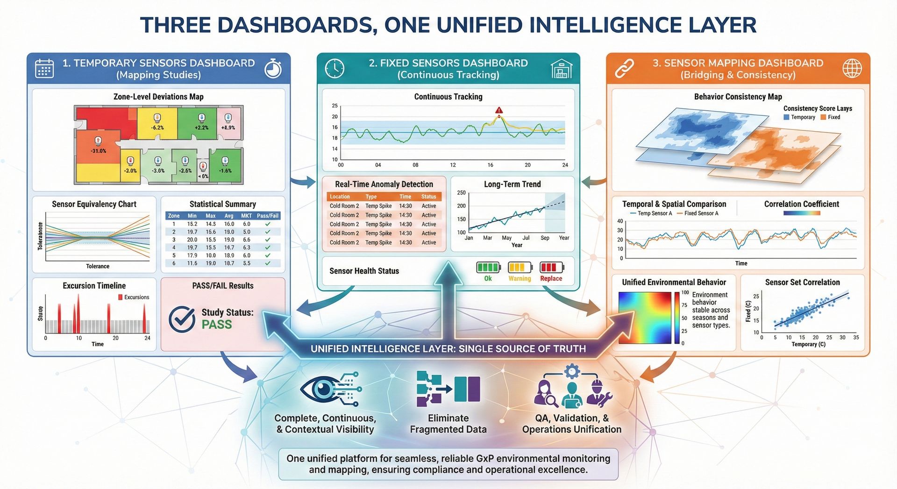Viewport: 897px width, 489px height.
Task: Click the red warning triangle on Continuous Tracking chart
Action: pos(499,111)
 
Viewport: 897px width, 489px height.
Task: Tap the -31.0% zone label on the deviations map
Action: pos(99,151)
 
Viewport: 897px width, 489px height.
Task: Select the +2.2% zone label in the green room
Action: pos(201,128)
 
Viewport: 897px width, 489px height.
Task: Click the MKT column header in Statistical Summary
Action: pos(246,216)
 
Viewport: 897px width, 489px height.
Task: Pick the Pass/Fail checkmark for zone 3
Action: pos(268,240)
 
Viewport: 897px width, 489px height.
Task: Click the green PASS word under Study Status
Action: pos(217,325)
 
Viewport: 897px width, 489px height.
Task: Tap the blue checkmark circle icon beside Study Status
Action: pos(182,319)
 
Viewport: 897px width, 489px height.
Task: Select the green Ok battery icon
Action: pos(488,268)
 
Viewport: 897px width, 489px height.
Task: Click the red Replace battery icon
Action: pos(551,268)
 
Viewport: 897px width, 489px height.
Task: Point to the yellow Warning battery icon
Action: pos(520,268)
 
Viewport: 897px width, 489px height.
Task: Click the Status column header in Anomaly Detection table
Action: pos(428,197)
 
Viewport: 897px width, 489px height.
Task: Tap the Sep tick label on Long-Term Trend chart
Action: pos(545,238)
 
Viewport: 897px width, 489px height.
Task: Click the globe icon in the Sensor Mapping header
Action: pos(852,69)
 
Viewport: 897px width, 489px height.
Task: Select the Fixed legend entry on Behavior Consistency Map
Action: pos(830,117)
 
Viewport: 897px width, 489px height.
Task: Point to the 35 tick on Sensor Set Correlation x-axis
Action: pos(856,337)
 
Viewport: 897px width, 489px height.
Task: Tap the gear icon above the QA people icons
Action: pos(572,372)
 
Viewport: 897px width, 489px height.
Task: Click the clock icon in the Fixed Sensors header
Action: pos(335,69)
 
